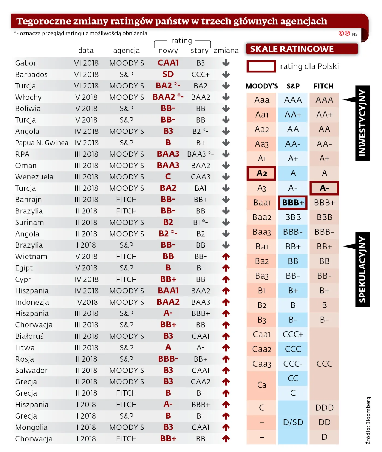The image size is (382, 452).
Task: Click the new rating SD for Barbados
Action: pos(168,74)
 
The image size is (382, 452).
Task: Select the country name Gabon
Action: pos(26,63)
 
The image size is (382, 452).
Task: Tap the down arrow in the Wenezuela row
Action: pos(226,177)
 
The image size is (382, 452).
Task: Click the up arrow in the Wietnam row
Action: pos(226,256)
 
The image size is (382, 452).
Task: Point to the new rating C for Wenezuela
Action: pos(168,177)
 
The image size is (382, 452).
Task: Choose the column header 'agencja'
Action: pos(126,50)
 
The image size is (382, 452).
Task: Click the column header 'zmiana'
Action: pos(226,50)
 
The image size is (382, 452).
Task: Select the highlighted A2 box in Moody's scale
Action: pos(261,173)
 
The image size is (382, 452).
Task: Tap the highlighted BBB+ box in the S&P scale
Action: pos(293,203)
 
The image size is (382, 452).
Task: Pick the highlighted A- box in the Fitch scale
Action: pos(324,188)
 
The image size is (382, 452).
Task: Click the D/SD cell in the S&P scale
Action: pos(293,422)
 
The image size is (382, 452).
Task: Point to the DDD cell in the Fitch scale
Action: pos(324,408)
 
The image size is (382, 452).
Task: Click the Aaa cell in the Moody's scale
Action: pos(262,100)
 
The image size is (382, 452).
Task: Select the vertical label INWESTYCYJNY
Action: pos(362,123)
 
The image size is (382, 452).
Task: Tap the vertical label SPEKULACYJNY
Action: pos(362,270)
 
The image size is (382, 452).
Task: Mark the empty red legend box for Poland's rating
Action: pos(261,66)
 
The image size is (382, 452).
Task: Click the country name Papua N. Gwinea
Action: pos(42,143)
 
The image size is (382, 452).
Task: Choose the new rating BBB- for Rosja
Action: pos(168,359)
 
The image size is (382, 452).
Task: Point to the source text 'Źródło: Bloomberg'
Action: pos(368,420)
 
